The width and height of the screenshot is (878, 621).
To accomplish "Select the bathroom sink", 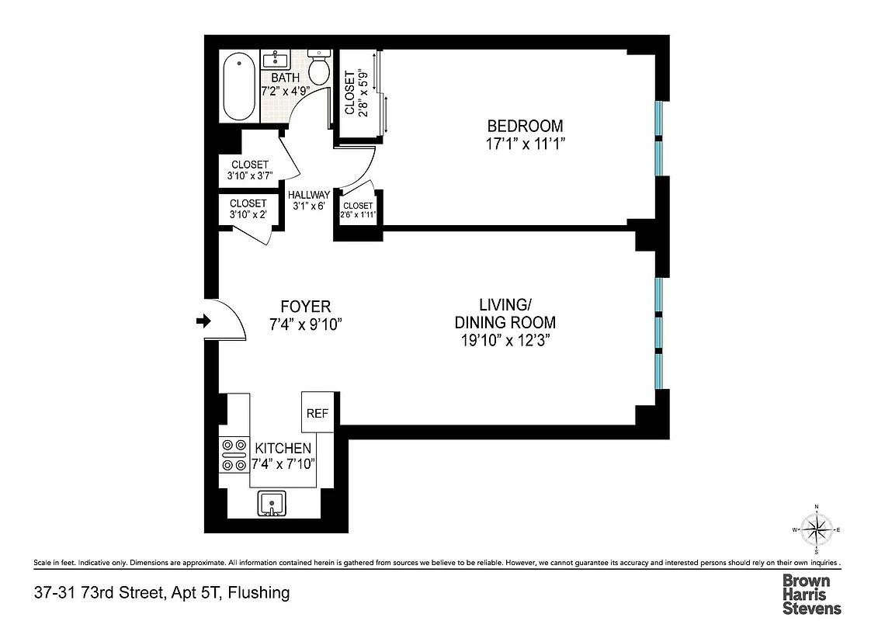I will click(276, 60).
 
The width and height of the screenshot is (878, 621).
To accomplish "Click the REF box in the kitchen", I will click(318, 413).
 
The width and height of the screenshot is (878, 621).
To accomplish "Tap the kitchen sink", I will click(271, 503).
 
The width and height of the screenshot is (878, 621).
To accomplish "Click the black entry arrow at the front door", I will click(203, 321).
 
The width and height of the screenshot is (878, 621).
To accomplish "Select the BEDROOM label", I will click(525, 126).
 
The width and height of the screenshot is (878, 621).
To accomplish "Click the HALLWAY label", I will click(309, 195).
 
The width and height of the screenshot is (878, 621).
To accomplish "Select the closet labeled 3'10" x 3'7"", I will click(250, 170).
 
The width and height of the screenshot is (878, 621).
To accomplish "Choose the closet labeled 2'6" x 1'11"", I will click(358, 210).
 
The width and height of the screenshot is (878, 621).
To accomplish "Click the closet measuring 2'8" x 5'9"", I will click(355, 93).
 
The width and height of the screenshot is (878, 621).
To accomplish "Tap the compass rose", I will click(816, 530).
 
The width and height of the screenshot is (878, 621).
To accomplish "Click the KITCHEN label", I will click(283, 449).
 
